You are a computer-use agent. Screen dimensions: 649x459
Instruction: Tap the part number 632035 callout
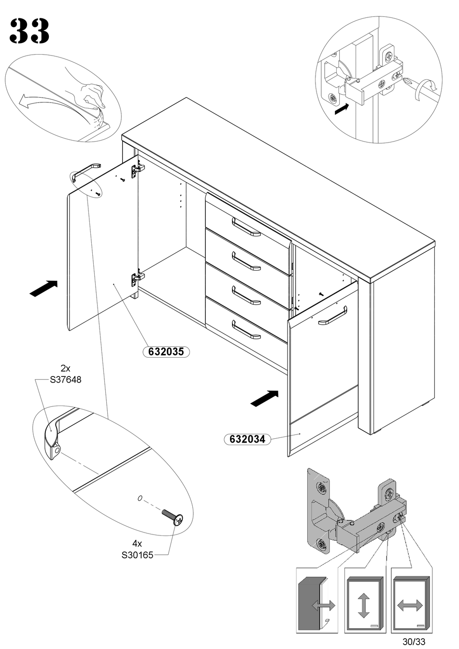coord(166,352)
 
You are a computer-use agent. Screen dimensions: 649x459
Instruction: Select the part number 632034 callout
coord(247,439)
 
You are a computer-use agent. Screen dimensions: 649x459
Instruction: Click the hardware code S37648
coord(66,380)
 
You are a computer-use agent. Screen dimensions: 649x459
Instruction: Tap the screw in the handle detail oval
coord(172,518)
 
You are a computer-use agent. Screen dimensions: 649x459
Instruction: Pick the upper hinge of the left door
coord(137,169)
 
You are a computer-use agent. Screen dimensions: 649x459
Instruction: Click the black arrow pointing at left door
coord(43,288)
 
